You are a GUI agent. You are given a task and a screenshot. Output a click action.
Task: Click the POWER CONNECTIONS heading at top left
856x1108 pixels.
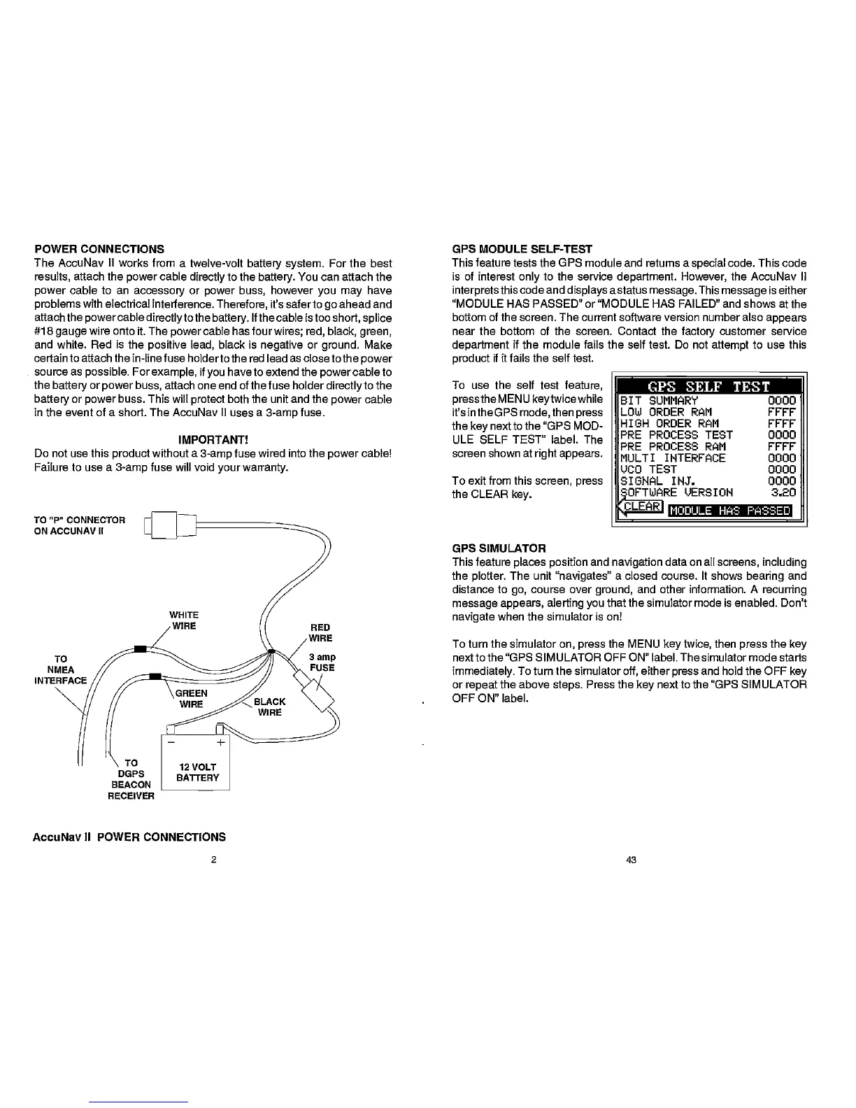(99, 249)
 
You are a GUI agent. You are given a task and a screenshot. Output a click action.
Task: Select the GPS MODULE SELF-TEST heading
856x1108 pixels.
(522, 249)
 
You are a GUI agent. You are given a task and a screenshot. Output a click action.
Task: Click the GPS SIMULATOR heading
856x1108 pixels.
(499, 548)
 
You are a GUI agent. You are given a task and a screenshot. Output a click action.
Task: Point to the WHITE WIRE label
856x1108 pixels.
(184, 620)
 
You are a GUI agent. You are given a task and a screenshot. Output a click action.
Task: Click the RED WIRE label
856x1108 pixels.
(320, 632)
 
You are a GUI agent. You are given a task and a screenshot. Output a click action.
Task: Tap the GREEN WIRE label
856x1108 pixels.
(190, 699)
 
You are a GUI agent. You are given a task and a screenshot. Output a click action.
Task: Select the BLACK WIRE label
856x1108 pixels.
(269, 707)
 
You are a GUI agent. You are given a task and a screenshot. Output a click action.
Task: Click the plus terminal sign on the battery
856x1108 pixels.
(220, 742)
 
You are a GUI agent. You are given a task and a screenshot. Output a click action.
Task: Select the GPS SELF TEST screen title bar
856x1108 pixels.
(709, 388)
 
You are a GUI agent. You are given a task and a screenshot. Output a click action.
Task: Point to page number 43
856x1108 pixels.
(630, 860)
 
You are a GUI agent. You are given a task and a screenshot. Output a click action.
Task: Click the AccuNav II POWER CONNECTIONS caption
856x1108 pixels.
(129, 837)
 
